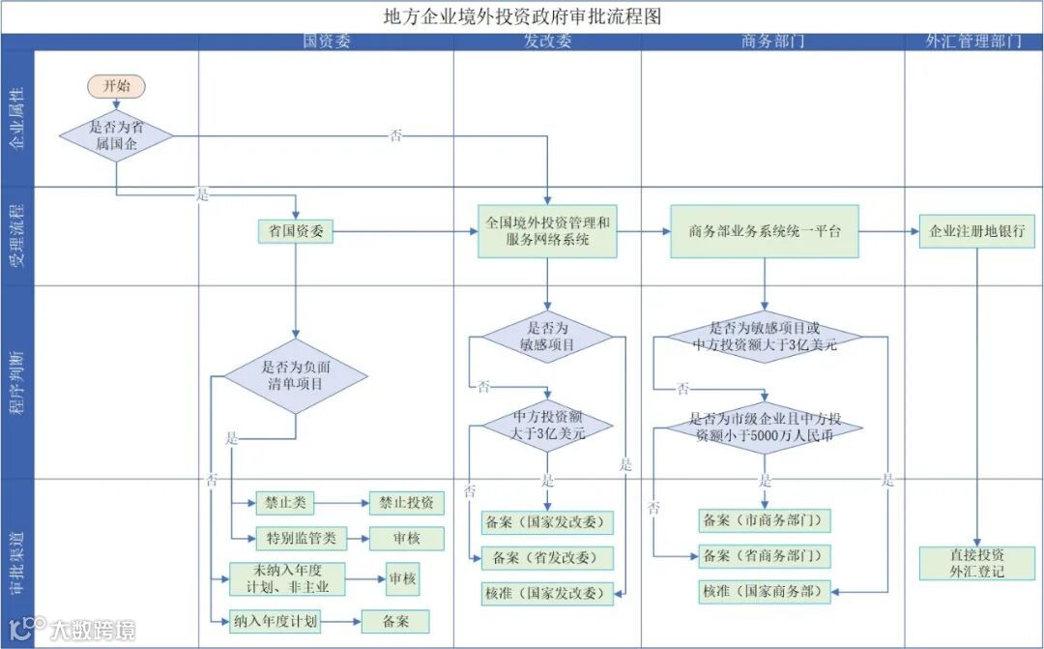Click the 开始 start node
pyautogui.click(x=116, y=85)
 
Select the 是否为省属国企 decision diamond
pyautogui.click(x=116, y=134)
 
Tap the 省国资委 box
pyautogui.click(x=296, y=231)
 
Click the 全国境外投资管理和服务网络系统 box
pyautogui.click(x=548, y=231)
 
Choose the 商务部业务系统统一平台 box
pyautogui.click(x=765, y=231)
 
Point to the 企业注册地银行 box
pyautogui.click(x=976, y=232)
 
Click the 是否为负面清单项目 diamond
pyautogui.click(x=296, y=375)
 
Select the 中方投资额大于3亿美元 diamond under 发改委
pyautogui.click(x=548, y=426)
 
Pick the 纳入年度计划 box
pyautogui.click(x=275, y=620)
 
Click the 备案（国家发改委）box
pyautogui.click(x=548, y=522)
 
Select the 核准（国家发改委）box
pyautogui.click(x=548, y=592)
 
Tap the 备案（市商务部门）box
pyautogui.click(x=765, y=519)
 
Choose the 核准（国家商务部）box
pyautogui.click(x=765, y=590)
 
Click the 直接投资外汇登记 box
pyautogui.click(x=976, y=563)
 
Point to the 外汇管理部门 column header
pyautogui.click(x=973, y=42)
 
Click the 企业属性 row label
pyautogui.click(x=16, y=118)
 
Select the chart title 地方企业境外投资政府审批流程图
pyautogui.click(x=522, y=16)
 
